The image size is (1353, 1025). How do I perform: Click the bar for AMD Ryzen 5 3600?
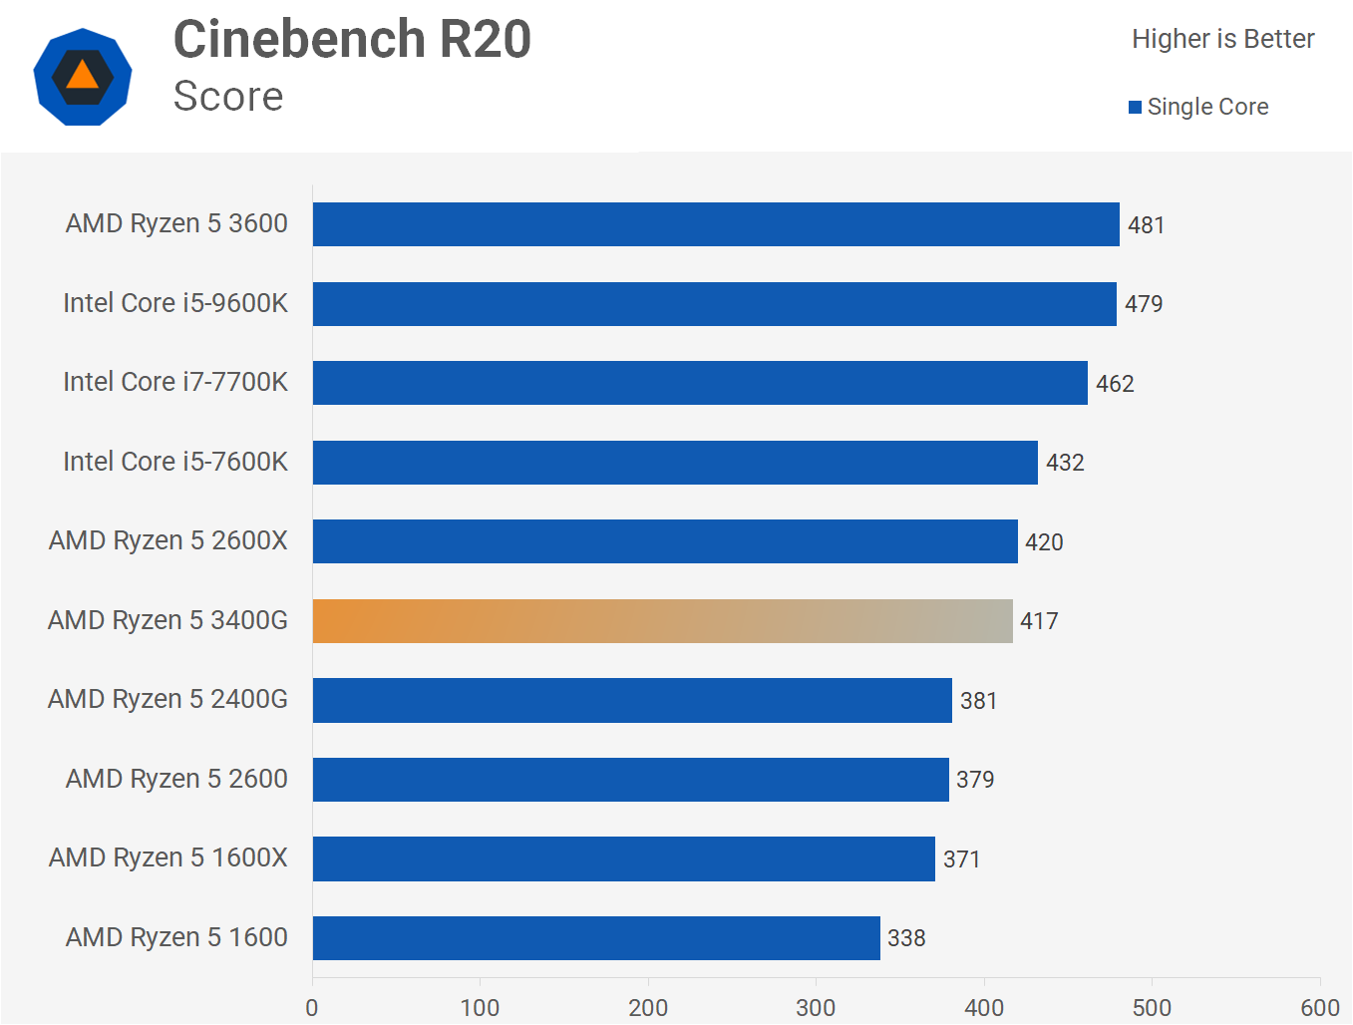716,224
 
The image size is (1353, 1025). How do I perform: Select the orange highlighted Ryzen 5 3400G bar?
662,621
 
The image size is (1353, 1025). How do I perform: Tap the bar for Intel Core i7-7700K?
700,383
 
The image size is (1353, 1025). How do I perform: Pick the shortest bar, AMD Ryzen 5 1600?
596,938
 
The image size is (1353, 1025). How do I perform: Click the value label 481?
1146,225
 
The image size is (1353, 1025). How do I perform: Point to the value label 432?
1065,463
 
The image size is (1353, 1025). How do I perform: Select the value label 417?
1039,621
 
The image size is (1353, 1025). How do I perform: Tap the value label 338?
906,938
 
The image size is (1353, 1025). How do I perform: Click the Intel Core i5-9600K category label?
175,303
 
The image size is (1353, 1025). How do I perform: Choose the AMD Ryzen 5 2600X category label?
169,540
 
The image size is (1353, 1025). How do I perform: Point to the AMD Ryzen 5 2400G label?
168,699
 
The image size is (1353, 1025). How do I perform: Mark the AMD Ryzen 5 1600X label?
169,857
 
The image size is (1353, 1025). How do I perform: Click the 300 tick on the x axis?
816,1008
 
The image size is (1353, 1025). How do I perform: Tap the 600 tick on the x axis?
1320,1008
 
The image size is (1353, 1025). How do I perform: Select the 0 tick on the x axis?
312,1008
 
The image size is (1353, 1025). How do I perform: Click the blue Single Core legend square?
1135,108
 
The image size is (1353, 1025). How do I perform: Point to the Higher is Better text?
1222,39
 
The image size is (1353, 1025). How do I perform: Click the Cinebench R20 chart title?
352,40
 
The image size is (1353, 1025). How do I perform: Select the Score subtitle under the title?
228,97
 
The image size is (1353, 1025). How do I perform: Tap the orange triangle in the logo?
83,76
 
